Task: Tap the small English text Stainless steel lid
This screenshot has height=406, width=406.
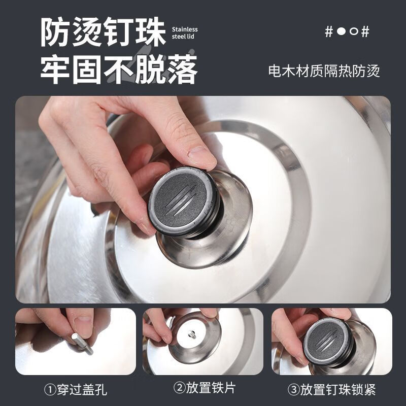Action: pyautogui.click(x=181, y=33)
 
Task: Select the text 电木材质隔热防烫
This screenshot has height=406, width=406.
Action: pyautogui.click(x=324, y=71)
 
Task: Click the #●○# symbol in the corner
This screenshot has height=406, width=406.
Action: pyautogui.click(x=347, y=31)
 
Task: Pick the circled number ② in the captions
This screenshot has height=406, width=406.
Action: pyautogui.click(x=179, y=390)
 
